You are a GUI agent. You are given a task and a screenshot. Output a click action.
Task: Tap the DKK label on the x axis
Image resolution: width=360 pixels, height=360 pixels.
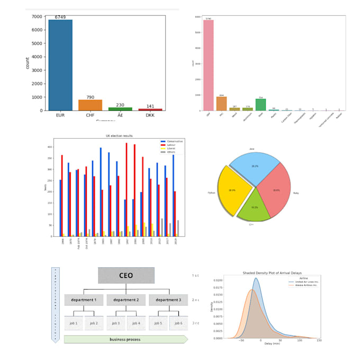151,114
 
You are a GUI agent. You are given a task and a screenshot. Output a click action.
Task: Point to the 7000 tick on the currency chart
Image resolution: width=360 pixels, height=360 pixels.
36,17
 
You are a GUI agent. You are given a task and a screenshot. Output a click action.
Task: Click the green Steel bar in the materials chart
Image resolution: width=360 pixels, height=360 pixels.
260,104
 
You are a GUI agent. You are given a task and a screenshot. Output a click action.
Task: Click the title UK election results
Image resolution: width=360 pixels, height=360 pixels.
119,137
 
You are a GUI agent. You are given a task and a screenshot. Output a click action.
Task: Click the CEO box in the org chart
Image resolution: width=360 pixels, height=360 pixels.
126,275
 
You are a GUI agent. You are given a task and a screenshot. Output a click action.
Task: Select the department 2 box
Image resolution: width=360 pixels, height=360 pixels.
126,300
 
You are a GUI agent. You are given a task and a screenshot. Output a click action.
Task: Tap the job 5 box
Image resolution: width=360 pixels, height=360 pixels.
157,323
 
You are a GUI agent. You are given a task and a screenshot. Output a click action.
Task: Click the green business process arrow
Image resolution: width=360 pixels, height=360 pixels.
125,339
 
